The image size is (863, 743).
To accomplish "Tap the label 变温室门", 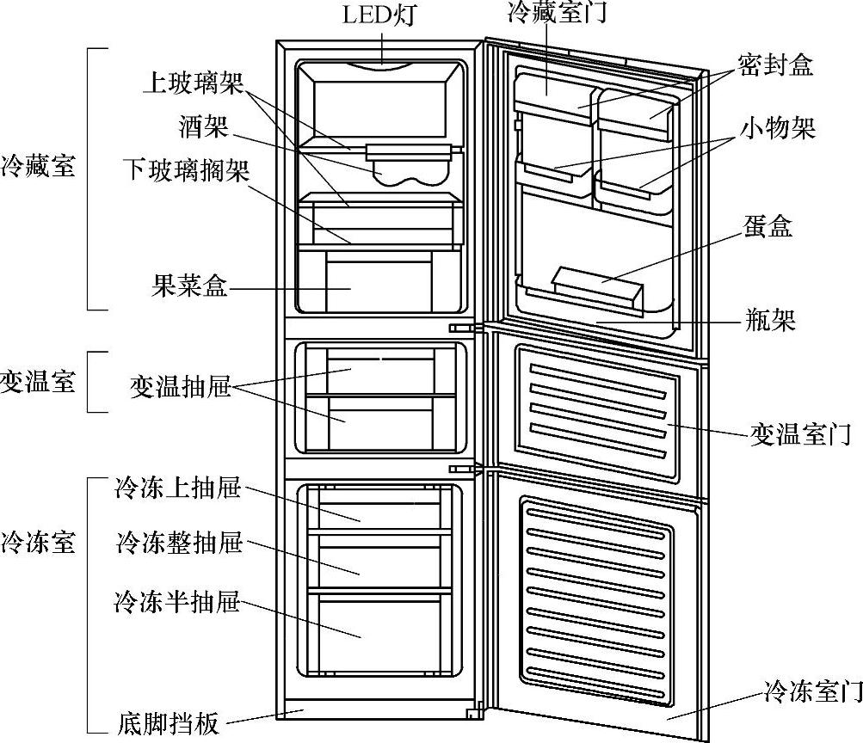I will (800, 435).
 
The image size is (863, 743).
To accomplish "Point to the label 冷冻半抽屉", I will (176, 601).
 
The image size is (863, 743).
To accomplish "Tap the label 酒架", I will (204, 127).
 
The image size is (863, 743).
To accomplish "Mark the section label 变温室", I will (38, 381).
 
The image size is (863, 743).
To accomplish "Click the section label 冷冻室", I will (38, 542).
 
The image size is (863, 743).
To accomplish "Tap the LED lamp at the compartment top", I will (381, 64).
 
